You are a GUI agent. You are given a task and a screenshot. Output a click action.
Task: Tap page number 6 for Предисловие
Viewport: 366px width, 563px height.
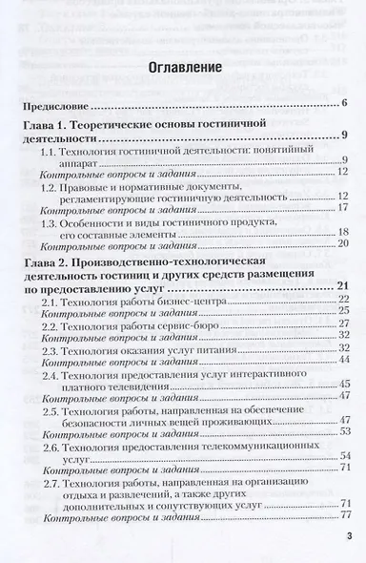(x=342, y=102)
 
